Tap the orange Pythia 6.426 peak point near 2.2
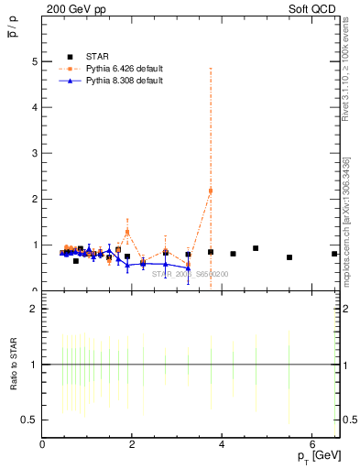click(211, 191)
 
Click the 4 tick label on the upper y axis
click(35, 107)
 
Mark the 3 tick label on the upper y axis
click(35, 153)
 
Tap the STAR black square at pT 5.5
click(289, 257)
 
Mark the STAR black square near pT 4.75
click(256, 248)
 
